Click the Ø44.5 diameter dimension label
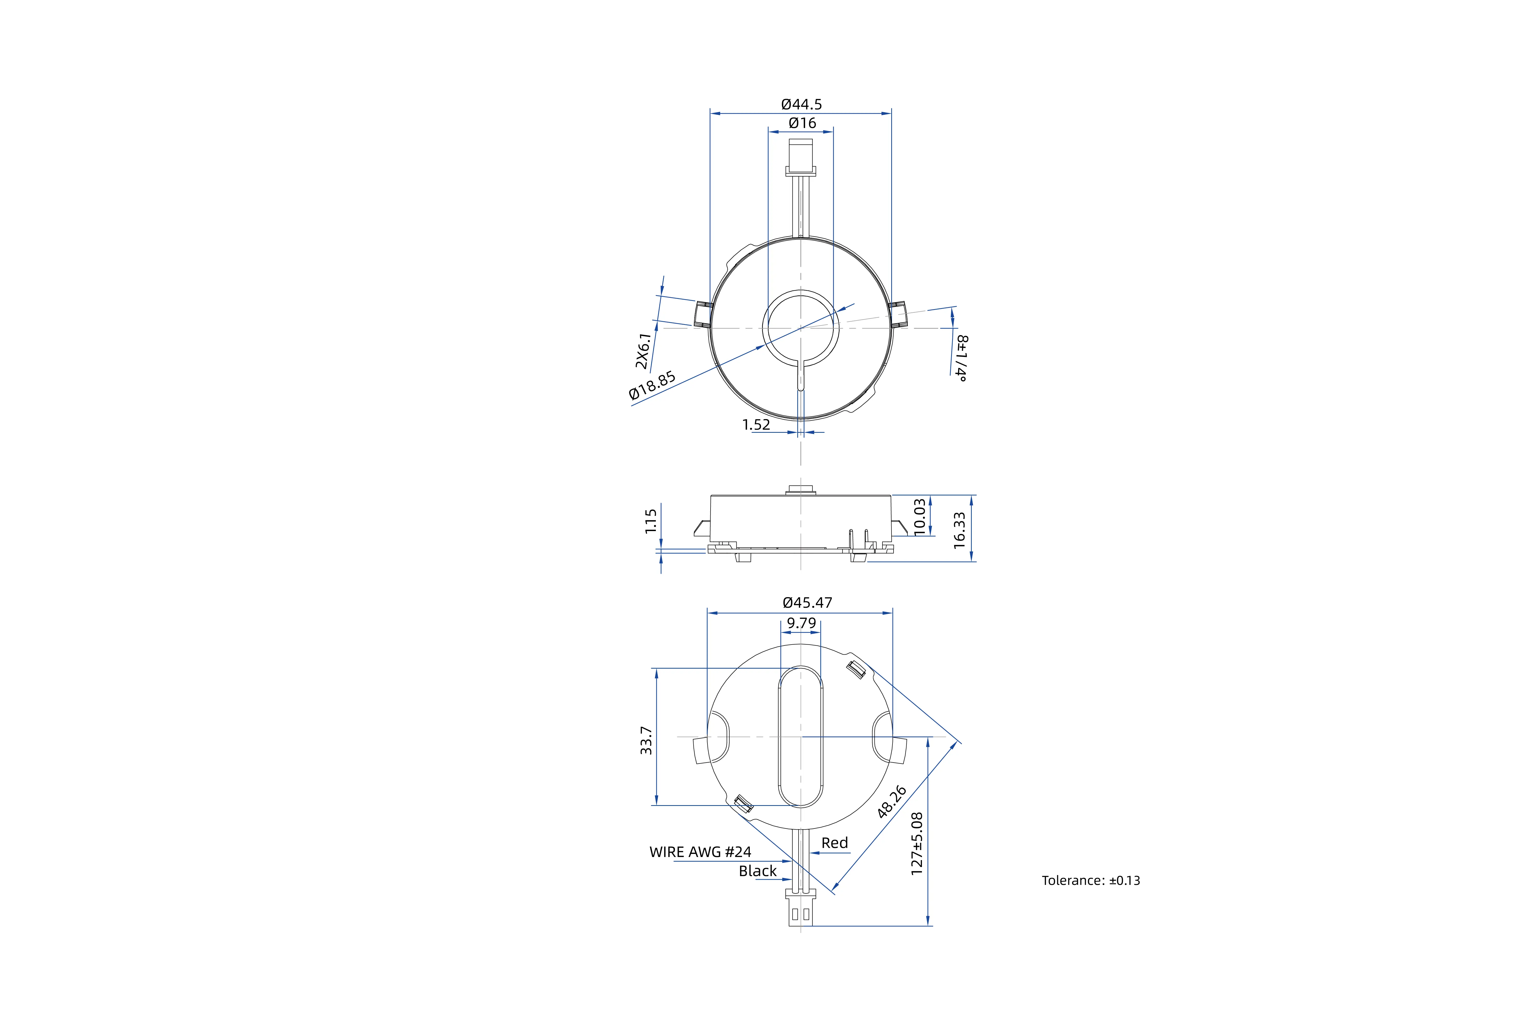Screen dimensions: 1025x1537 point(801,104)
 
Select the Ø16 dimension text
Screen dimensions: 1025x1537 point(802,123)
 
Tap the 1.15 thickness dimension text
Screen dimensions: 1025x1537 point(650,522)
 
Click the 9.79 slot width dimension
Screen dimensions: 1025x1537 point(801,623)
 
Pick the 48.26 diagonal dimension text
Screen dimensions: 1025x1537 point(892,802)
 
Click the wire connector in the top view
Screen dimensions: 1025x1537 point(801,157)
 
